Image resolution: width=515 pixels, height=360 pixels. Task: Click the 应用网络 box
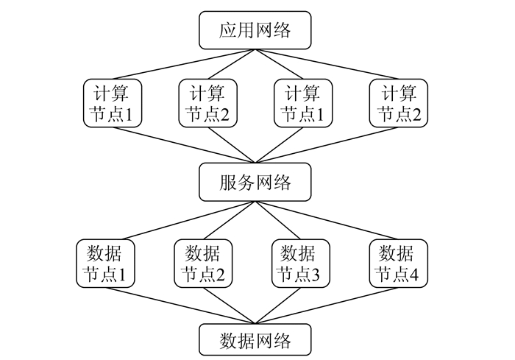255,30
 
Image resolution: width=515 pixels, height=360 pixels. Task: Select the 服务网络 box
255,182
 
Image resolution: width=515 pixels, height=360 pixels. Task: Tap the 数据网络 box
255,341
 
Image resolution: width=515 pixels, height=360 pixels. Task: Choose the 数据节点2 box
202,264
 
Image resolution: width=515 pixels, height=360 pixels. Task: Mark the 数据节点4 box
397,264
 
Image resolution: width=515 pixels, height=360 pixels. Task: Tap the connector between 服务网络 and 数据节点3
280,219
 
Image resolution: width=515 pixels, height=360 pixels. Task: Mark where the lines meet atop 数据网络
255,325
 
